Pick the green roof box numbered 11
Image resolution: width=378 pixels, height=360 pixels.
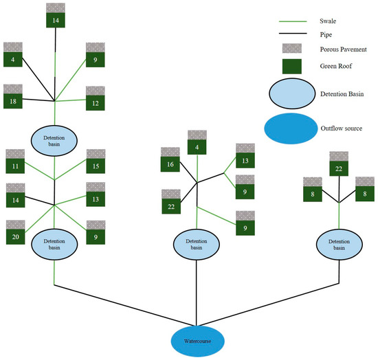tap(14, 167)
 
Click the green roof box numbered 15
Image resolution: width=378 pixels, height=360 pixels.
tap(95, 167)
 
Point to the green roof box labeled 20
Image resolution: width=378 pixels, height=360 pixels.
tap(14, 236)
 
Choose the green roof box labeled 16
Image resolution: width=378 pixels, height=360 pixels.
tap(170, 166)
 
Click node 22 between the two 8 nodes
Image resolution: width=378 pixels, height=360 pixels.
tap(338, 168)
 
